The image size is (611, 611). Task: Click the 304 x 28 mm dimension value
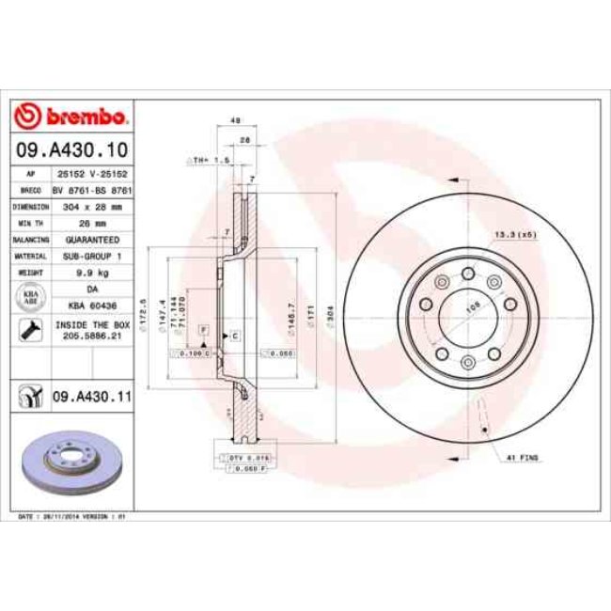(92, 205)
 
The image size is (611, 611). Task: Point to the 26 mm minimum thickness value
(92, 222)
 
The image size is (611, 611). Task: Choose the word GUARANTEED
(92, 239)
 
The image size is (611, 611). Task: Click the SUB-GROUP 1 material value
(92, 255)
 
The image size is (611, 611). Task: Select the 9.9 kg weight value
(92, 272)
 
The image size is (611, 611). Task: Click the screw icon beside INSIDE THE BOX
(29, 329)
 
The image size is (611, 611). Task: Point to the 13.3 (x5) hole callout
(515, 235)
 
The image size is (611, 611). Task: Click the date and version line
(72, 517)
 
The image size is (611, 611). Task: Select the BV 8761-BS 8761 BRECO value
(92, 189)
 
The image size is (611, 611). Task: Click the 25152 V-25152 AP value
(92, 174)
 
